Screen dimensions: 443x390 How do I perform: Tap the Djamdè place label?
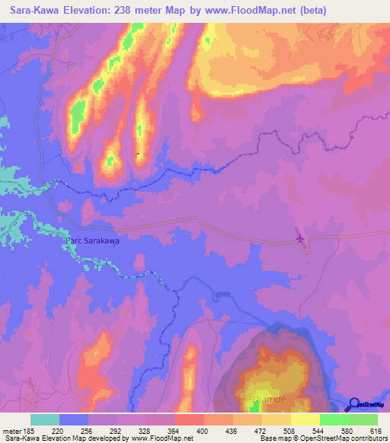(267, 398)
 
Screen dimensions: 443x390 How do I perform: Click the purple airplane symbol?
(302, 238)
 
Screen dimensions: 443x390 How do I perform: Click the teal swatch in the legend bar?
(45, 419)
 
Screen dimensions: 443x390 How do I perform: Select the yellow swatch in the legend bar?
(305, 419)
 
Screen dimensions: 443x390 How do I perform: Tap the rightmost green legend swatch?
(363, 419)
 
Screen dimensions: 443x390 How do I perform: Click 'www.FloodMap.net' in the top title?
(254, 10)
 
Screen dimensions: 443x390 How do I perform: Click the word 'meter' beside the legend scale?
(13, 431)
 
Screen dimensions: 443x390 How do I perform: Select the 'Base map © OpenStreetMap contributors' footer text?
(323, 438)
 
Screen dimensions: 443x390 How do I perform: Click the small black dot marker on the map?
(137, 155)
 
